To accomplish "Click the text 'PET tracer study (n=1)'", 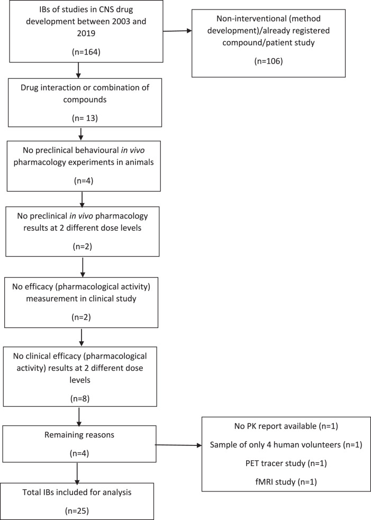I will click(282, 463).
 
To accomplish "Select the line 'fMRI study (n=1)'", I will click(282, 482).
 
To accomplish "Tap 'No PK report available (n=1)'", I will click(282, 425).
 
